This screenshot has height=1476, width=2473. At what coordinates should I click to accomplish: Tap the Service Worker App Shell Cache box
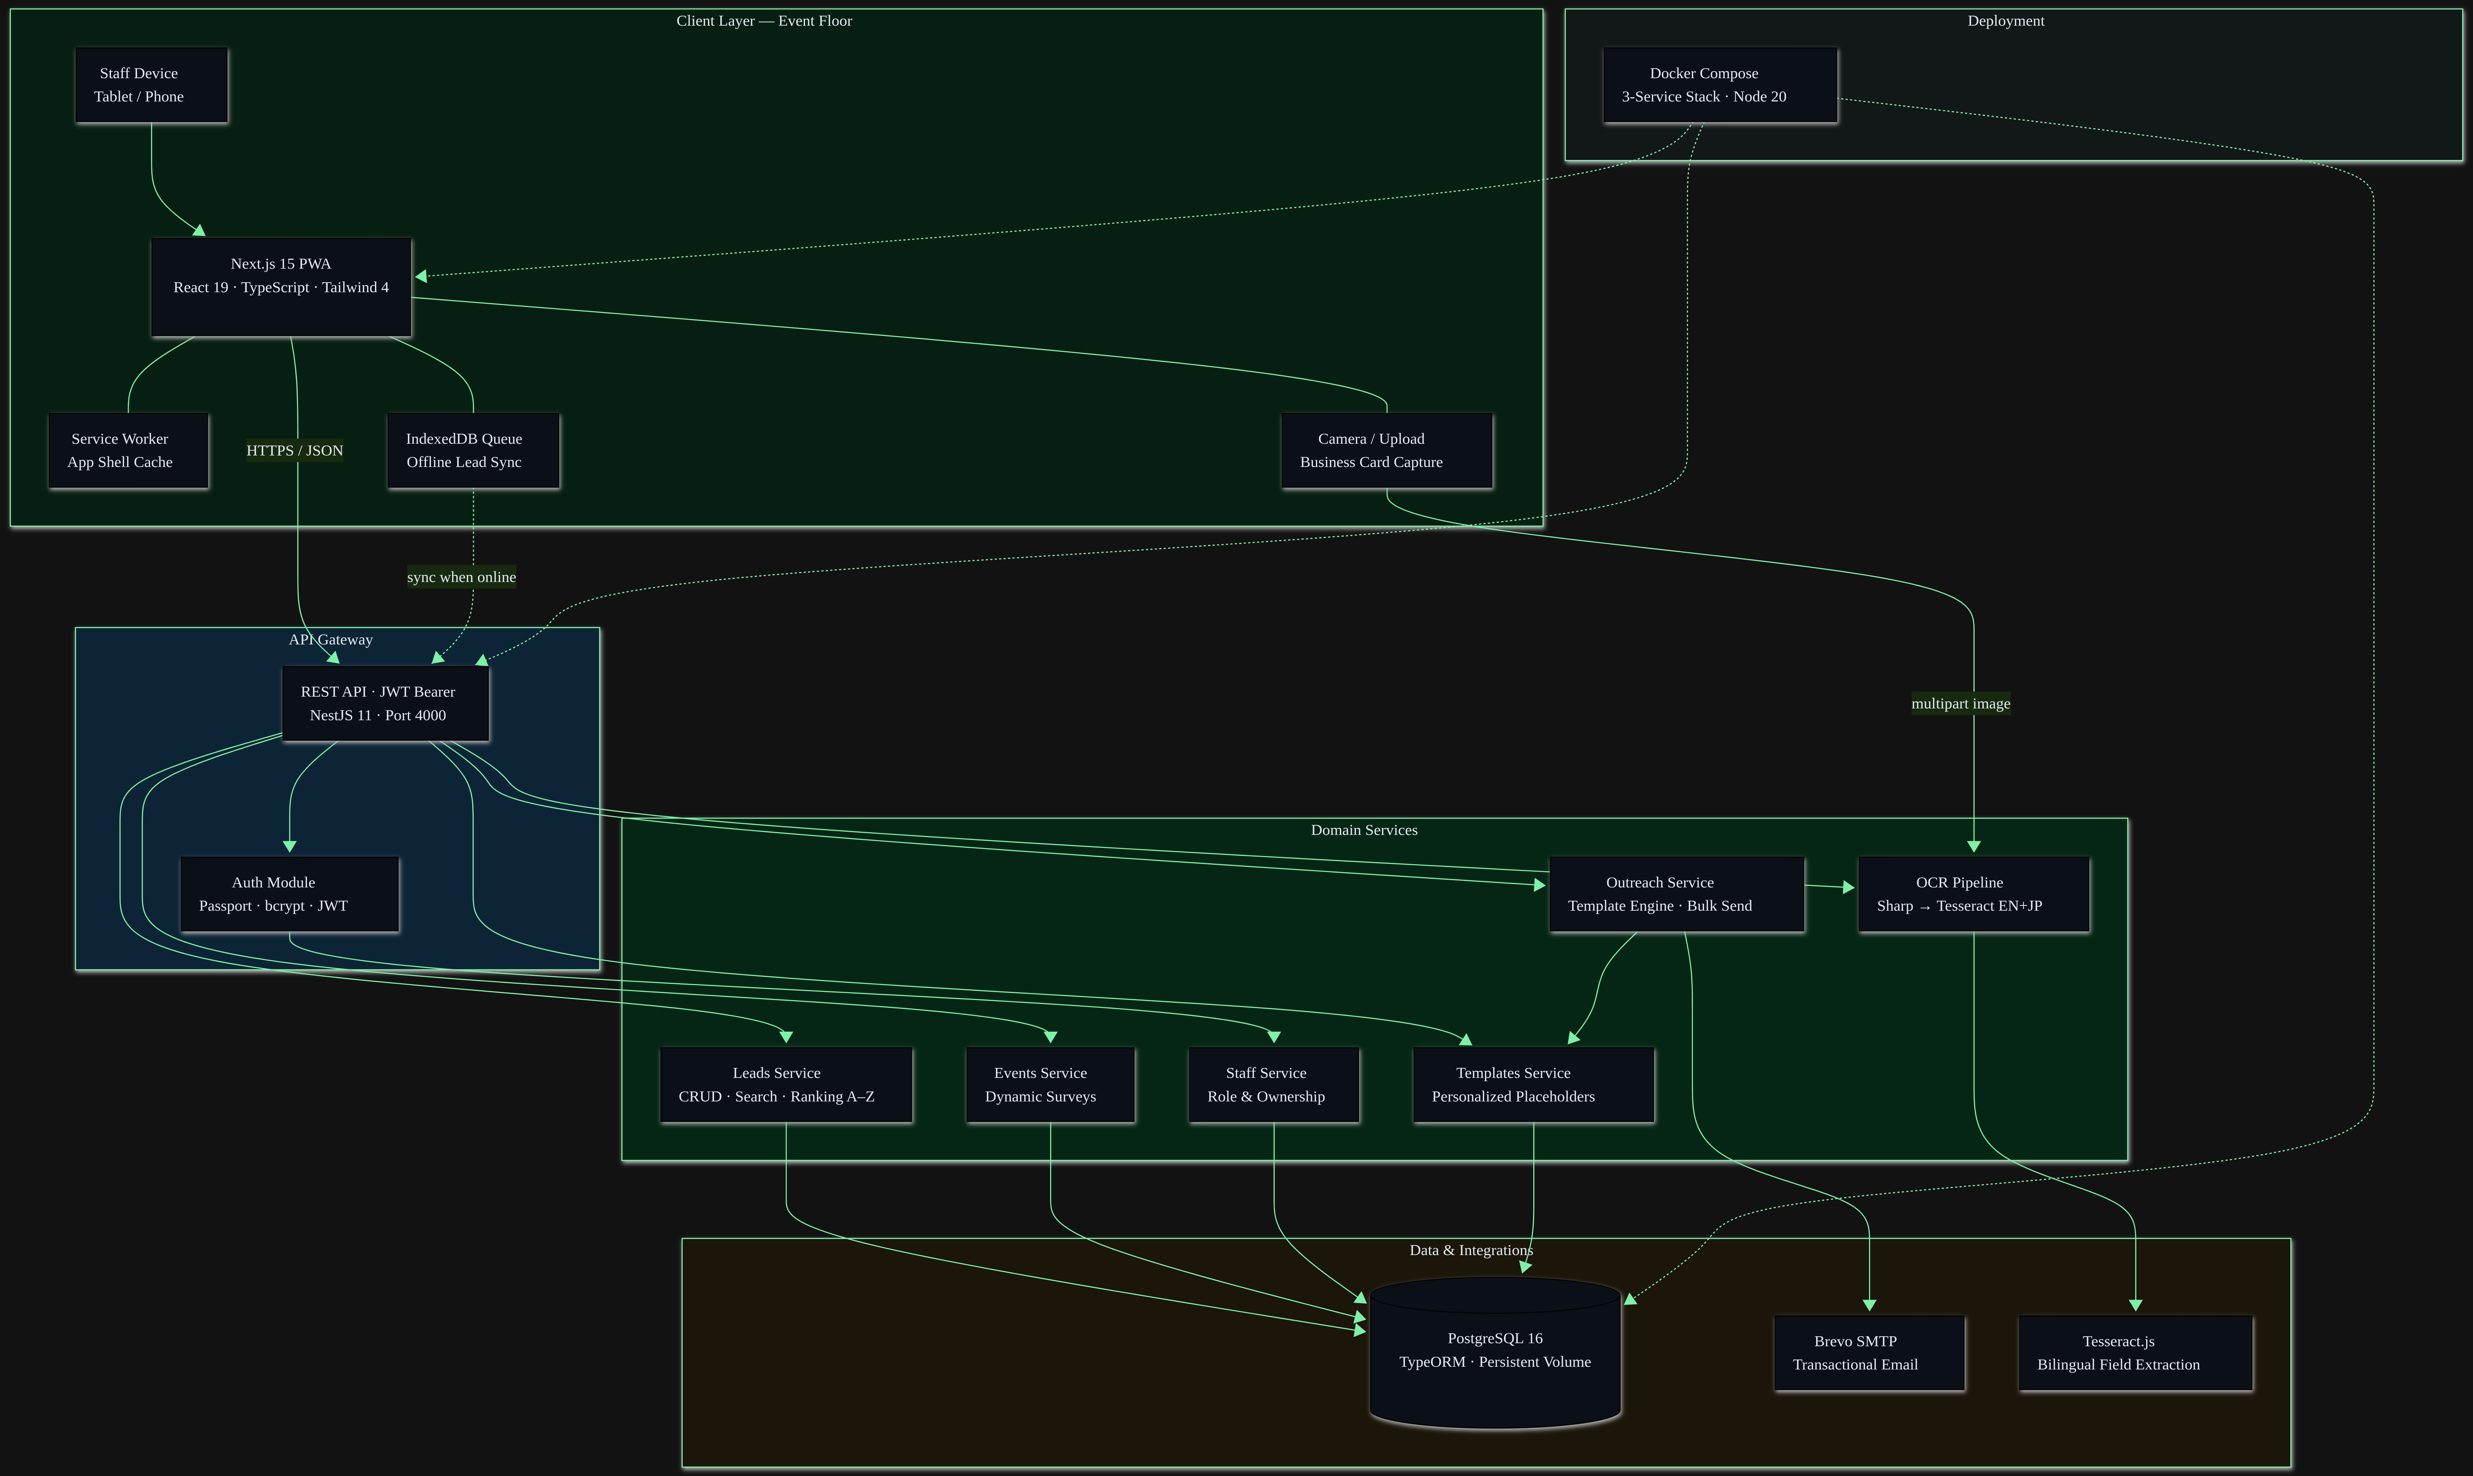(x=128, y=451)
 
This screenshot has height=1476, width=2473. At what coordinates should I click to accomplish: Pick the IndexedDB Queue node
(x=474, y=451)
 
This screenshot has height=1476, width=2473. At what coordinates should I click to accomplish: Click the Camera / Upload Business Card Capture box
(x=1387, y=451)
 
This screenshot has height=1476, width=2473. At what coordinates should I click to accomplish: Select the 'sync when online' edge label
(x=462, y=577)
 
